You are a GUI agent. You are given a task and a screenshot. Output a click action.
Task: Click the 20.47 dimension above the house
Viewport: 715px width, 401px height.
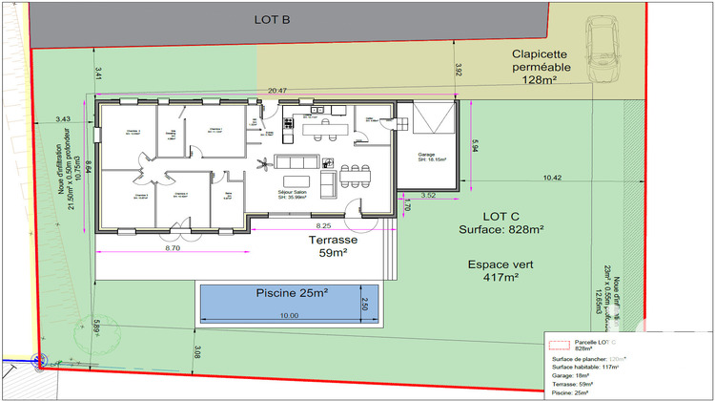click(x=277, y=91)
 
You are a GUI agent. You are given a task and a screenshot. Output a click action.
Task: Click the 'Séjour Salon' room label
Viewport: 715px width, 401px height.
click(x=293, y=194)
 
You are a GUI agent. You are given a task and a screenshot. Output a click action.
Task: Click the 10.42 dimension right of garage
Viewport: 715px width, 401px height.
click(x=554, y=178)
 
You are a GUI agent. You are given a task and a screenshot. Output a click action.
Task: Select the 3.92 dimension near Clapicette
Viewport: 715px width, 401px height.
click(x=459, y=70)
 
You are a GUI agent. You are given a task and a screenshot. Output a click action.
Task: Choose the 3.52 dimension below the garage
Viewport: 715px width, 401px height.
click(x=428, y=196)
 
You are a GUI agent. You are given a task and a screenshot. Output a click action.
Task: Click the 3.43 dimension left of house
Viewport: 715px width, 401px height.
click(x=65, y=119)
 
